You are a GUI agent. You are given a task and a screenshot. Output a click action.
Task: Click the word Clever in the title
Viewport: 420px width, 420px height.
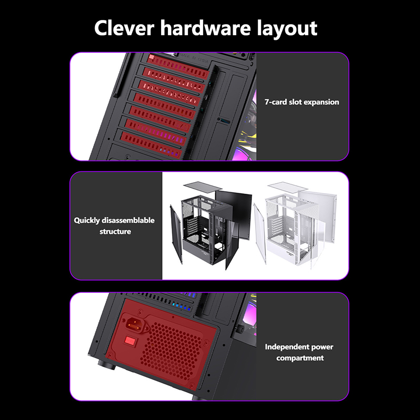(124, 28)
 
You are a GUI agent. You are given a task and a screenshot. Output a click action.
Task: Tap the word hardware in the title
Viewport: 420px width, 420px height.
(205, 28)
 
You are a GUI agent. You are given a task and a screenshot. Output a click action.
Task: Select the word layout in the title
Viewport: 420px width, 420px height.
(287, 29)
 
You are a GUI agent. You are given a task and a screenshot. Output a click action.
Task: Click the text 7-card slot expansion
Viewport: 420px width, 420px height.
(302, 102)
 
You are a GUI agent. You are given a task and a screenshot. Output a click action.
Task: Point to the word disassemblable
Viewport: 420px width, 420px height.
(128, 220)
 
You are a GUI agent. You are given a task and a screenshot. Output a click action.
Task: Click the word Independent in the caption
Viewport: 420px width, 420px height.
(283, 347)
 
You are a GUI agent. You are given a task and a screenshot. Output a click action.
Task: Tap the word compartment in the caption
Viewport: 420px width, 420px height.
(300, 358)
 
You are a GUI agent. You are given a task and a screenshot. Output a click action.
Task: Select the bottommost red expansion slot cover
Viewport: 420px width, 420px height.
(151, 145)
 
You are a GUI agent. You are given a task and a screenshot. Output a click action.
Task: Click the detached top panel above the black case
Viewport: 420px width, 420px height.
(203, 186)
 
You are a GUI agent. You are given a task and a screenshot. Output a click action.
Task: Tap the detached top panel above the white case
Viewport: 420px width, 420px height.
(287, 186)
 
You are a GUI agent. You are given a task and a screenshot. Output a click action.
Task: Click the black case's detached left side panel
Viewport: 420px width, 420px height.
(176, 234)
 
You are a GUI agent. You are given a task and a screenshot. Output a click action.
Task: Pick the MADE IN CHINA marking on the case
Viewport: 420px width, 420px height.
(194, 58)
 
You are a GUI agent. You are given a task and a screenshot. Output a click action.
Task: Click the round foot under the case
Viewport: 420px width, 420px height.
(107, 364)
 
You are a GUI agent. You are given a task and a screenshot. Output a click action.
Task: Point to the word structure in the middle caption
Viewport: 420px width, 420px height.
(115, 232)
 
